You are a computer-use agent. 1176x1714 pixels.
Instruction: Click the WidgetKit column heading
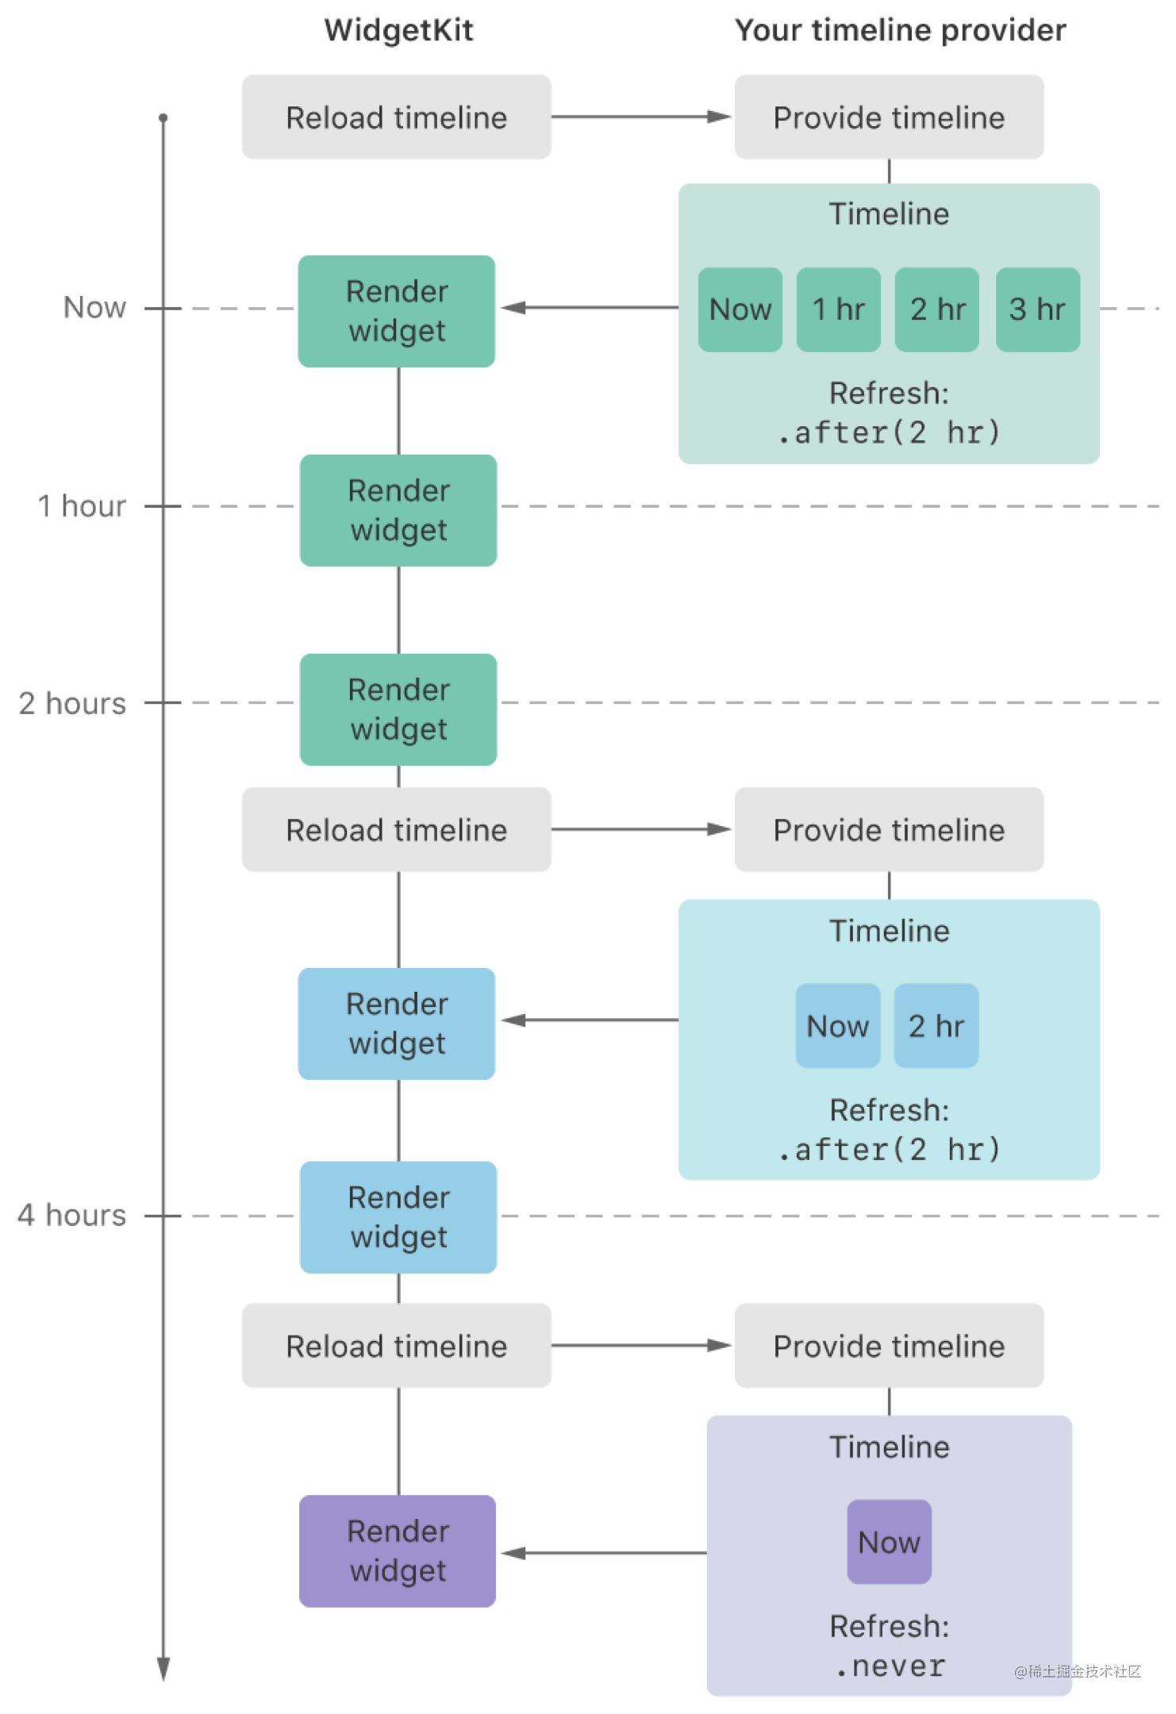pyautogui.click(x=398, y=30)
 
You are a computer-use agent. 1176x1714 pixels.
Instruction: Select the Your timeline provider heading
pyautogui.click(x=900, y=30)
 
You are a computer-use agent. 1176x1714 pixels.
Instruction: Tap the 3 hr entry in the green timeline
pyautogui.click(x=1037, y=309)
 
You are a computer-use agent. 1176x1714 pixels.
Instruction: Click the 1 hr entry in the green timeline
pyautogui.click(x=838, y=309)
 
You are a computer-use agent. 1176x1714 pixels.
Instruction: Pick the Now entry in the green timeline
pyautogui.click(x=740, y=309)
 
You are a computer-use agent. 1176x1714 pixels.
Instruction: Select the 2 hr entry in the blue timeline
pyautogui.click(x=936, y=1026)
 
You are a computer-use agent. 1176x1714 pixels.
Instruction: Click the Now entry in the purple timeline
pyautogui.click(x=889, y=1542)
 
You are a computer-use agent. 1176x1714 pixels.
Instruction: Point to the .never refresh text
pyautogui.click(x=890, y=1666)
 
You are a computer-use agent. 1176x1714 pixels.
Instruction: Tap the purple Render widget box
pyautogui.click(x=398, y=1551)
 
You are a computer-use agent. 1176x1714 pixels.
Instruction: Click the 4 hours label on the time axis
pyautogui.click(x=72, y=1215)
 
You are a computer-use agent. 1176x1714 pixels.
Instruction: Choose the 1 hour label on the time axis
pyautogui.click(x=82, y=505)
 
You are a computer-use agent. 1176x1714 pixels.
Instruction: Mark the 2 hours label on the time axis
pyautogui.click(x=72, y=703)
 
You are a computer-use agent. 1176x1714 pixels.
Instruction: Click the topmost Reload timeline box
pyautogui.click(x=397, y=117)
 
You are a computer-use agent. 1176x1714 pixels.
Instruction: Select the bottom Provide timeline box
pyautogui.click(x=889, y=1346)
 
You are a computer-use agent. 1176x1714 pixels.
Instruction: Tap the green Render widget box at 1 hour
pyautogui.click(x=398, y=510)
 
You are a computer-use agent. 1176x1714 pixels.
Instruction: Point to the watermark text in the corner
pyautogui.click(x=1078, y=1671)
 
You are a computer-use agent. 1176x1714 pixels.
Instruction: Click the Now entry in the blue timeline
pyautogui.click(x=838, y=1026)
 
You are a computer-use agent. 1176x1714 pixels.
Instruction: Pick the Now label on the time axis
pyautogui.click(x=94, y=307)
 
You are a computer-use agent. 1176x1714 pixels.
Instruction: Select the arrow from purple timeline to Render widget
pyautogui.click(x=605, y=1553)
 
